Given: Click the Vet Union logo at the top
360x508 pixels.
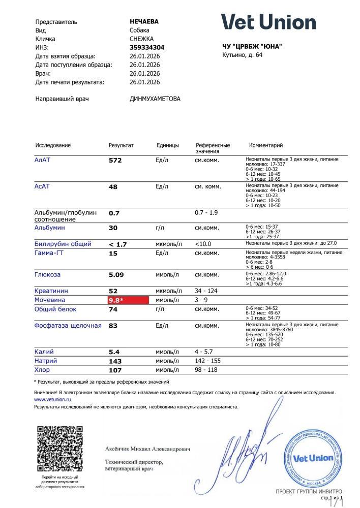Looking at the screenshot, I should pos(268,22).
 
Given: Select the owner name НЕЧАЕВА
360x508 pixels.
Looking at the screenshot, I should pos(144,22).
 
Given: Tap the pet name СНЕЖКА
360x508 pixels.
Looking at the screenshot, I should pos(142,39).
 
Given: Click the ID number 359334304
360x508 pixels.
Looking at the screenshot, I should pos(147,47).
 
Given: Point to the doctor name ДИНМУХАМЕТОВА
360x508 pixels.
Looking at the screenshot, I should pos(155,99).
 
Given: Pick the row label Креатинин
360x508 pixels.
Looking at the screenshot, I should pos(51,291).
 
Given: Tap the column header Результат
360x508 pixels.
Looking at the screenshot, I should pos(121,145).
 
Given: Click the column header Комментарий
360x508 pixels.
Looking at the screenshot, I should pos(265,145).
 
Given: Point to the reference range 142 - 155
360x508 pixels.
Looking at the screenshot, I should pos(208,361).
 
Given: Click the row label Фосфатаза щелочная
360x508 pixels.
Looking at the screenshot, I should pos(68,326).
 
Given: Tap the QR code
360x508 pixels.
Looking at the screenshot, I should pos(60,449).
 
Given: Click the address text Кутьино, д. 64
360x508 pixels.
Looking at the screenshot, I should pos(243,55).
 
